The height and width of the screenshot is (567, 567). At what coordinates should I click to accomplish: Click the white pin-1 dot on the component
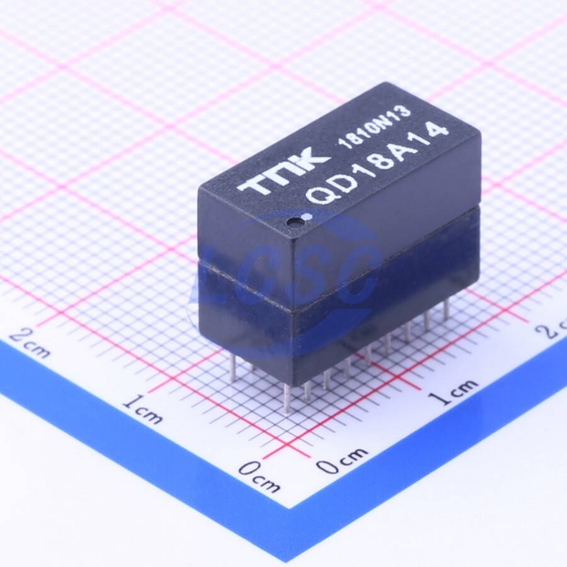[308, 217]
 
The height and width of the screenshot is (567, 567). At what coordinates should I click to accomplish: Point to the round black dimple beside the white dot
[293, 221]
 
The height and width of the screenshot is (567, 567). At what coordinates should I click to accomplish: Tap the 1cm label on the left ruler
[142, 409]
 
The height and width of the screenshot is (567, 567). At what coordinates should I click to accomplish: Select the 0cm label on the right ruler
[343, 460]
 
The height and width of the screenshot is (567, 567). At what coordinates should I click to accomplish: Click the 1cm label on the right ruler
[452, 391]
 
